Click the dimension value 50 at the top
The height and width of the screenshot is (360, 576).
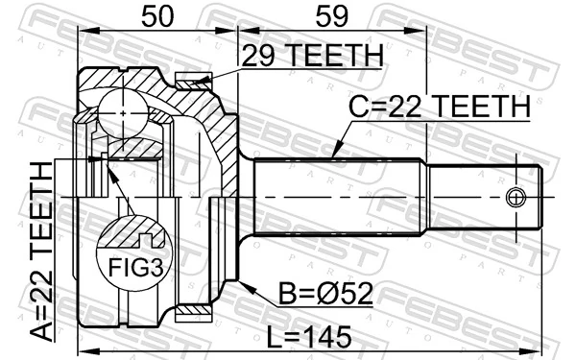(x=156, y=16)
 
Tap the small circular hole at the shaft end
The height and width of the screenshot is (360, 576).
(x=516, y=199)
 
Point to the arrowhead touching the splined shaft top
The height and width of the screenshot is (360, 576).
(x=333, y=155)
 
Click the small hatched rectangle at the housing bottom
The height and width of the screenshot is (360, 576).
(x=195, y=311)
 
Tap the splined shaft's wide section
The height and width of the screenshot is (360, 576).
(x=336, y=199)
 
